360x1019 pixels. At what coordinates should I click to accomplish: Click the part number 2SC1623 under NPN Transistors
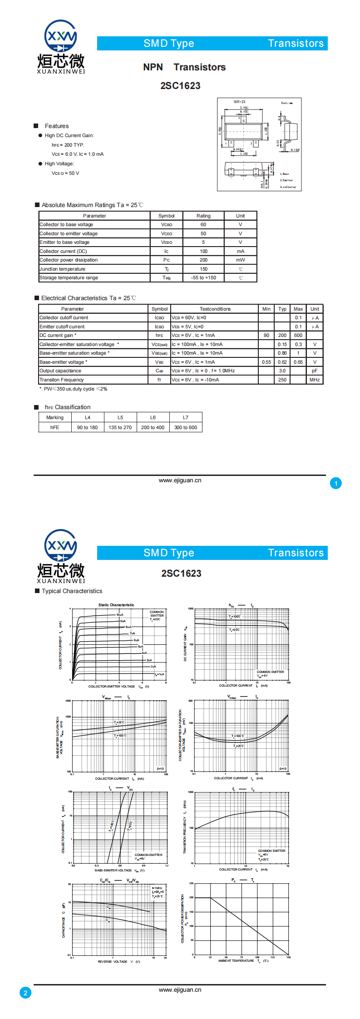coord(180,86)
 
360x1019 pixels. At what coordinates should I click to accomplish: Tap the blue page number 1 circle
coord(336,484)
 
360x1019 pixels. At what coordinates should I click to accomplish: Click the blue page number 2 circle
coord(25,993)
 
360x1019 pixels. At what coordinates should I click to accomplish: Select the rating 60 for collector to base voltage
coord(203,225)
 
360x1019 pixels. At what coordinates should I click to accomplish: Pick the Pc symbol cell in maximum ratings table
coord(167,260)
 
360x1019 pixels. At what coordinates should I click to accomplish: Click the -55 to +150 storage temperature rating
coord(203,278)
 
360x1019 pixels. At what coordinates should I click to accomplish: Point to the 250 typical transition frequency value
coord(282,380)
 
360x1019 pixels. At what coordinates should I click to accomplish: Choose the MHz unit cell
coord(315,380)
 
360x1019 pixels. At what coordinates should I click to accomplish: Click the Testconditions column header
coord(215,309)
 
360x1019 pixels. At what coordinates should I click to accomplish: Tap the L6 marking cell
coord(153,417)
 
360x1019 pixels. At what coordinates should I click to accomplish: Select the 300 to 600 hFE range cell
coord(186,427)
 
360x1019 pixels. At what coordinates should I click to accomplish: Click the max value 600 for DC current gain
coord(298,336)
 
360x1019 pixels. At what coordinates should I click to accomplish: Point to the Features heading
coord(57,126)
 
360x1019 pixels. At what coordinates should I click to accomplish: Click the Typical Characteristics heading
coord(72,591)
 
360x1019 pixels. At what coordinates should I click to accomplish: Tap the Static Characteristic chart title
coord(116,605)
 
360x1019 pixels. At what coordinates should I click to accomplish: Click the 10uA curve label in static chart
coord(120,615)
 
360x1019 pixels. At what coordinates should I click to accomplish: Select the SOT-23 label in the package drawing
coord(239,102)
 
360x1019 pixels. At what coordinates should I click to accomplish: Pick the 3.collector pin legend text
coord(288,187)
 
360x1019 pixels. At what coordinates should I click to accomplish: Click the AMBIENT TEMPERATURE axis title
coord(236,960)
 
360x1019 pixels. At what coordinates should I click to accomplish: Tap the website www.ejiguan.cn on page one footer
coord(180,480)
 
